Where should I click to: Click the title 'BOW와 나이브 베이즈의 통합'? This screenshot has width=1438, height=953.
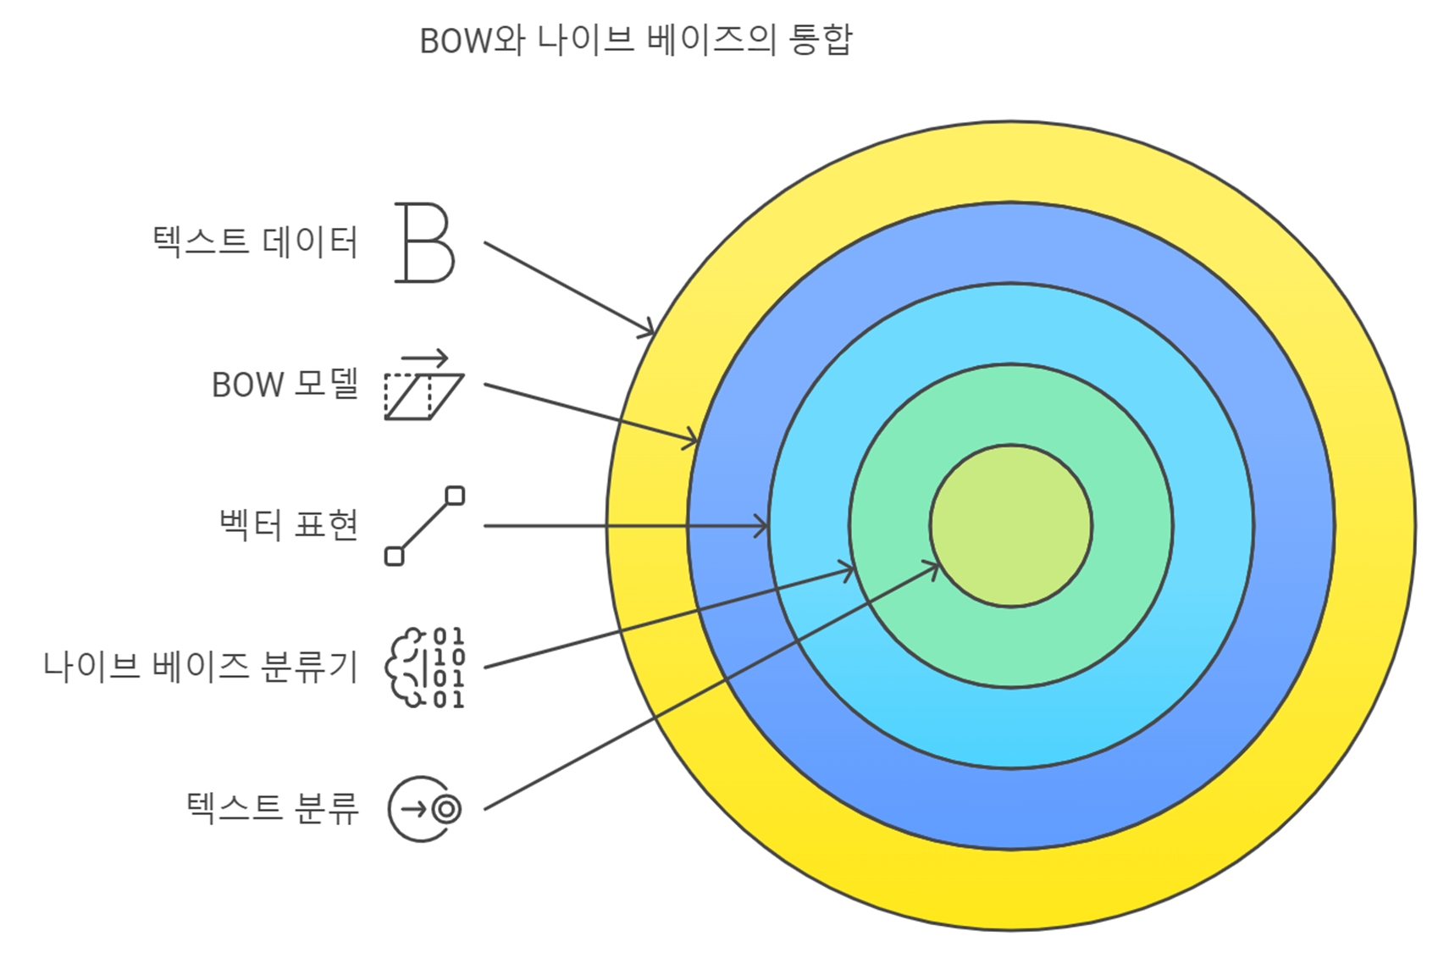point(635,40)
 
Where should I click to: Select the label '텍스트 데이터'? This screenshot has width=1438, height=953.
point(255,242)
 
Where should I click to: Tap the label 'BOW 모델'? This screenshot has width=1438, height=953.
point(285,385)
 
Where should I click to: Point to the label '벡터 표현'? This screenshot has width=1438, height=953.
point(289,525)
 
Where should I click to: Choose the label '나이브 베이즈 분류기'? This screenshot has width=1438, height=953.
point(201,667)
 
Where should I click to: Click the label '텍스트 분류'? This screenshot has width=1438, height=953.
point(272,807)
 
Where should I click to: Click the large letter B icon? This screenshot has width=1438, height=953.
point(424,242)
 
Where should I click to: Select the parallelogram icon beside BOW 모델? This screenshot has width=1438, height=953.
point(423,396)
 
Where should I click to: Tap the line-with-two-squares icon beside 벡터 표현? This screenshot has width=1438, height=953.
point(424,526)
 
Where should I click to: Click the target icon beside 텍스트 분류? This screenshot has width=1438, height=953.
point(424,809)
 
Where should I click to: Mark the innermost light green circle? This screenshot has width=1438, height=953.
point(1010,525)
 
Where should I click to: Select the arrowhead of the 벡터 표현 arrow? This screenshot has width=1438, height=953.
point(761,526)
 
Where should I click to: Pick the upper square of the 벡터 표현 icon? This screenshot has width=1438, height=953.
point(455,496)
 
